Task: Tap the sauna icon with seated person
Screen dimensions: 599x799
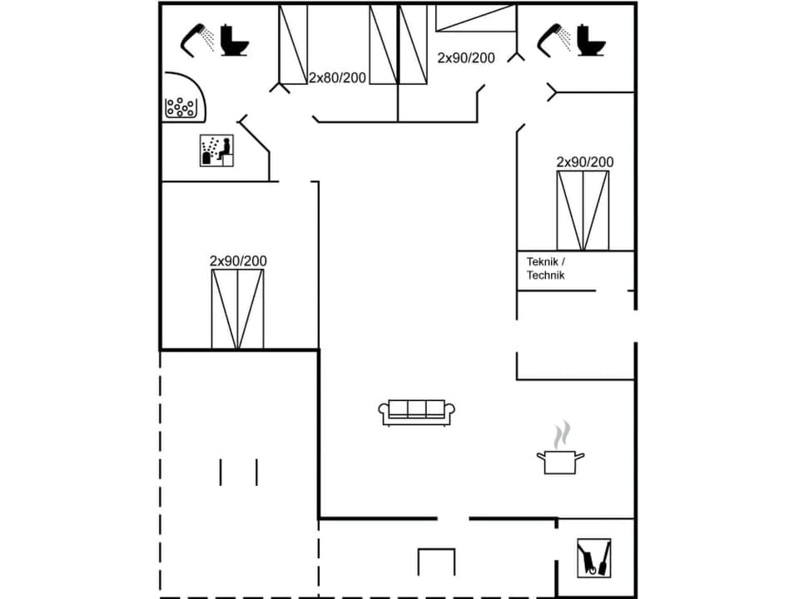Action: [216, 150]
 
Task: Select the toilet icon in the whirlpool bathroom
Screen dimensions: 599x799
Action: [235, 40]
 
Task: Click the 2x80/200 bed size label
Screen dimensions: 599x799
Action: [337, 78]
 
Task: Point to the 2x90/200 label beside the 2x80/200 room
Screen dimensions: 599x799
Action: [466, 58]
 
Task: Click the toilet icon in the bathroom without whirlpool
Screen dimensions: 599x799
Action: [592, 40]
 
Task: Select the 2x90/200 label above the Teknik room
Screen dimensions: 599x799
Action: [585, 161]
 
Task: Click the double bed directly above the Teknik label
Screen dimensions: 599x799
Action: [583, 210]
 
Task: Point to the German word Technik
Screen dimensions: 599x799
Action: [546, 275]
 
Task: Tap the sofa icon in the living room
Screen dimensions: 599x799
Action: [417, 412]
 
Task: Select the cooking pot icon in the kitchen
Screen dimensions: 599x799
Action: [560, 461]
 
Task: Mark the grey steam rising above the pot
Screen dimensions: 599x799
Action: [563, 434]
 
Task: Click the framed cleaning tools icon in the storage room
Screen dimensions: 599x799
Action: [593, 557]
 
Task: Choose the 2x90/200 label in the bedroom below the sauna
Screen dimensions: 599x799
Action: [238, 261]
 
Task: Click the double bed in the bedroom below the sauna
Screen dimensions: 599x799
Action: [237, 309]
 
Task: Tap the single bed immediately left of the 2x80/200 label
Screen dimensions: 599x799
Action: [293, 43]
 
